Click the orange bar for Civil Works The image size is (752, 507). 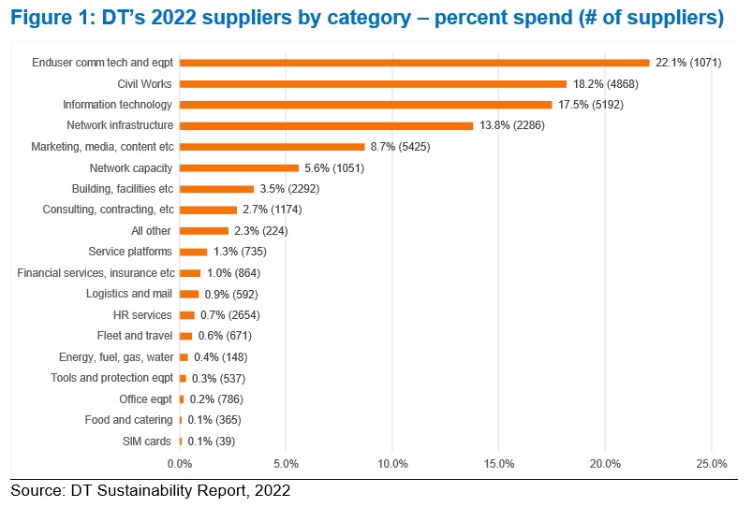(373, 84)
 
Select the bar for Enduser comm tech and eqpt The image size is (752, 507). (414, 63)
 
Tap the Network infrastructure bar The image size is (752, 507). (326, 125)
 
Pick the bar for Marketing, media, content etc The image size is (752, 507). (272, 147)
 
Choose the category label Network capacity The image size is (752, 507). (131, 168)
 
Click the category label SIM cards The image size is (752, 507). (147, 442)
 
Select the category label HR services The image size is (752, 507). (142, 315)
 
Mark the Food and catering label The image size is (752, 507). (129, 420)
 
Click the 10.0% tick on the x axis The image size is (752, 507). (392, 464)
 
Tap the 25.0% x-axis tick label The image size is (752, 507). (711, 464)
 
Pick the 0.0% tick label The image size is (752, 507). (180, 464)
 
